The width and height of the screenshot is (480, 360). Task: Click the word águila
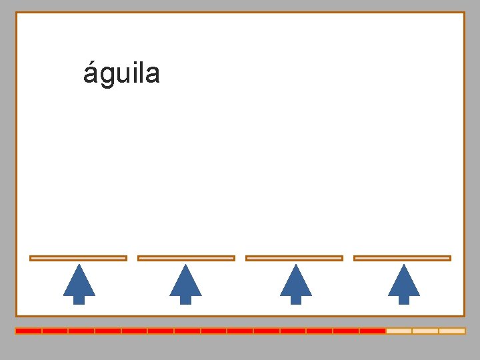(x=121, y=73)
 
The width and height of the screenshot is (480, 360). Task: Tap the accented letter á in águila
(x=91, y=73)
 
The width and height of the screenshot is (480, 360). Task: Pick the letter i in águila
(x=134, y=73)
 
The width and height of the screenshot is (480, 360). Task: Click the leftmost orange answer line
(x=78, y=258)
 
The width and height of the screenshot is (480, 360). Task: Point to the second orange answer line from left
(x=186, y=258)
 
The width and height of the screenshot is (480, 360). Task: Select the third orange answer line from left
(x=294, y=258)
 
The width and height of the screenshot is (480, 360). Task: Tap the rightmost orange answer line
(x=402, y=258)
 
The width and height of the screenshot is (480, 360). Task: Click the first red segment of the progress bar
(x=29, y=331)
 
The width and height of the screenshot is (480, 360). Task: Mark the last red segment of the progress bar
(x=373, y=331)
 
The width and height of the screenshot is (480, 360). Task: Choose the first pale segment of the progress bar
(x=399, y=331)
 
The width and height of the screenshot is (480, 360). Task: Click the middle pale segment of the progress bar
(x=425, y=331)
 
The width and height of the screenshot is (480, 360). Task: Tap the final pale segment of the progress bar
(x=452, y=331)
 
